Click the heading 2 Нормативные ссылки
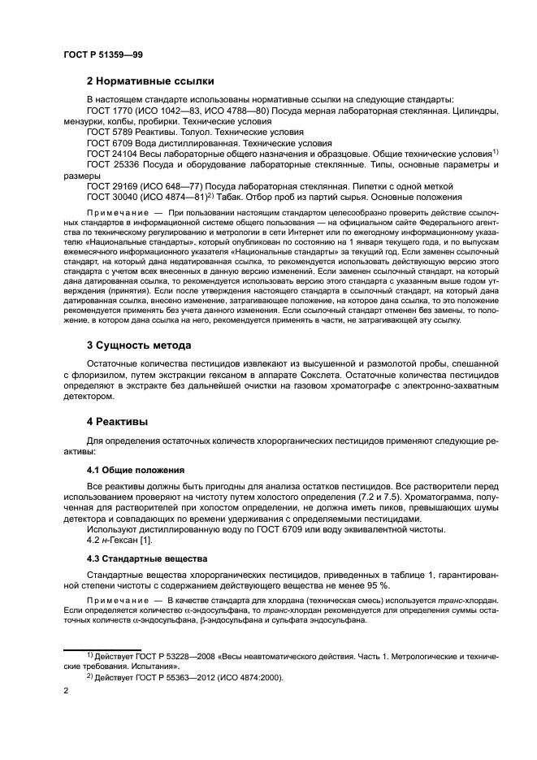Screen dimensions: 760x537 point(150,81)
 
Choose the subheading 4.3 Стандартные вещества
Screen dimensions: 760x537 point(147,558)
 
